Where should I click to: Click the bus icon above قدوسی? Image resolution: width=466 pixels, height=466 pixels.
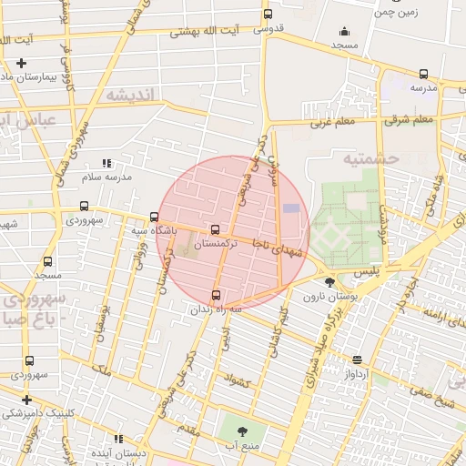pos(267,14)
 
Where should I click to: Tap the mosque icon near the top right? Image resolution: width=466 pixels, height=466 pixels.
pos(344,31)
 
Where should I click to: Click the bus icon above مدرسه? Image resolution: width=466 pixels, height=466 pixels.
pos(423,75)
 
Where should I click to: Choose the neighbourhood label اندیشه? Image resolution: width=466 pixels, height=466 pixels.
pos(131,96)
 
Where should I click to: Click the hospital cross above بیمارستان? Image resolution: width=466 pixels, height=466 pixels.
pos(21,63)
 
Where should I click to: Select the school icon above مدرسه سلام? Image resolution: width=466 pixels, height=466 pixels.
pos(106,163)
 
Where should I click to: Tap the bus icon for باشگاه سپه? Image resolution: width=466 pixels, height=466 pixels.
pos(154,217)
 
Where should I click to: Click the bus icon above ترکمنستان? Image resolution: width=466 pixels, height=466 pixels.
pos(215,230)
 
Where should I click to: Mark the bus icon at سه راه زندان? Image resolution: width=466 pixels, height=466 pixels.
pos(217,294)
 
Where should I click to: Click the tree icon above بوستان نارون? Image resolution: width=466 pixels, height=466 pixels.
pos(329,283)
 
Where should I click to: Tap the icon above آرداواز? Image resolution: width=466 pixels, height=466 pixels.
pos(356,360)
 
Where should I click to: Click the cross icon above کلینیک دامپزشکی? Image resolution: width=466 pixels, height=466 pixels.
pos(27,399)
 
